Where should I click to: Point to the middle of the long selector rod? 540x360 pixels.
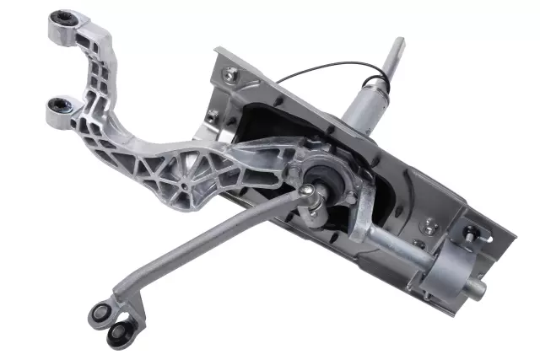click(x=211, y=245)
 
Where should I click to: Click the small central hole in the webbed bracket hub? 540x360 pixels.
click(x=182, y=182)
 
